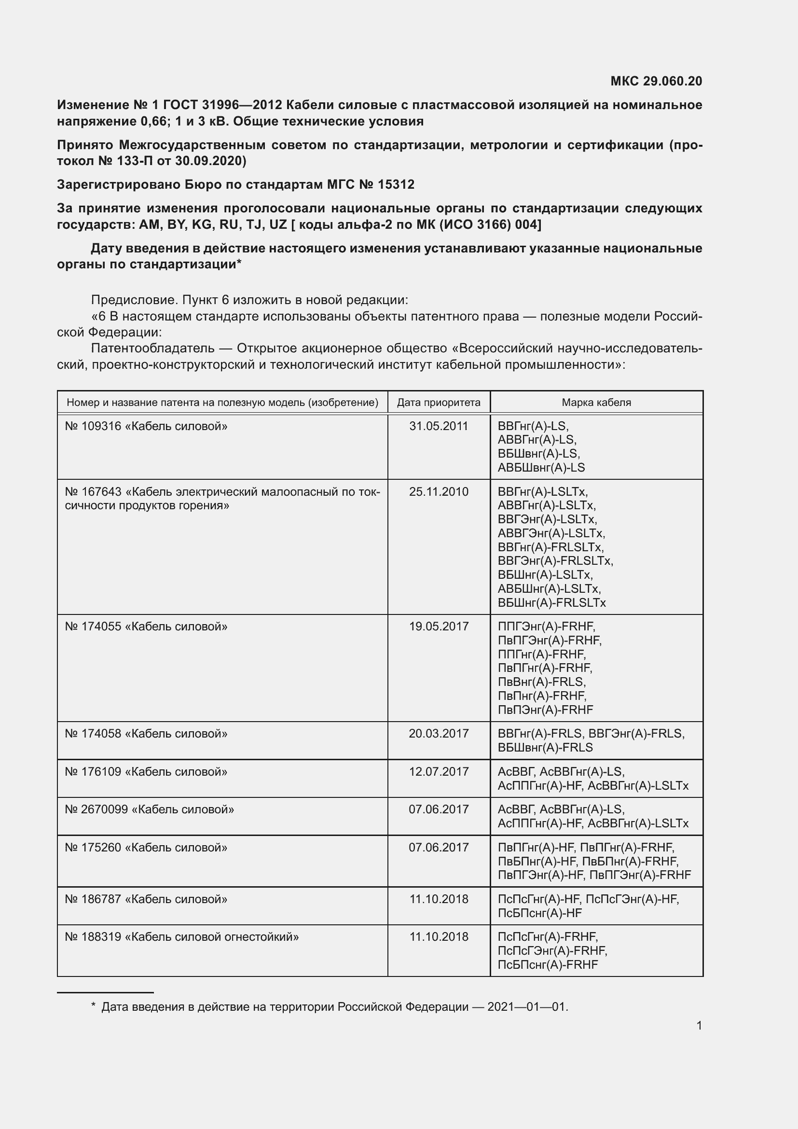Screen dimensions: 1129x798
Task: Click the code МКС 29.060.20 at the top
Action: pyautogui.click(x=656, y=81)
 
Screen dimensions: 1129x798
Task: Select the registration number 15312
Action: pyautogui.click(x=396, y=185)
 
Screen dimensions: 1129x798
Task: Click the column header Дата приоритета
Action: pyautogui.click(x=438, y=403)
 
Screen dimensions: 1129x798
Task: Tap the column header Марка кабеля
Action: pyautogui.click(x=596, y=403)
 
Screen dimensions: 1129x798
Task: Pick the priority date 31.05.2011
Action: pyautogui.click(x=438, y=426)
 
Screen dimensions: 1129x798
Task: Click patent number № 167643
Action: pyautogui.click(x=93, y=492)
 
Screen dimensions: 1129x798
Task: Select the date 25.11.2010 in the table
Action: pyautogui.click(x=438, y=492)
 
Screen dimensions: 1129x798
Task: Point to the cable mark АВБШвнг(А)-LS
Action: pyautogui.click(x=541, y=468)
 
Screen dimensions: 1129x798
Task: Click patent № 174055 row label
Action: pyautogui.click(x=93, y=627)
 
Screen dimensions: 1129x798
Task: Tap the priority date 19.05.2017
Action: pyautogui.click(x=438, y=627)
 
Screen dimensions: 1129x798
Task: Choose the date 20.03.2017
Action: pyautogui.click(x=438, y=734)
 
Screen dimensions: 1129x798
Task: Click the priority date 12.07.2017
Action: pyautogui.click(x=438, y=772)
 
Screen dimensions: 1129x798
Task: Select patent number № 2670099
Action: pyautogui.click(x=96, y=810)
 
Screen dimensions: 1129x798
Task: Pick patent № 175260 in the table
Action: pyautogui.click(x=93, y=848)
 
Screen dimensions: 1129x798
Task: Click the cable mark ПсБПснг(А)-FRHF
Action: pyautogui.click(x=548, y=965)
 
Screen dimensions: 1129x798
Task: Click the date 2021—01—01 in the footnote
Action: pyautogui.click(x=527, y=1007)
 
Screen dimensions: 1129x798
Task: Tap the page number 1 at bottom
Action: pyautogui.click(x=699, y=1026)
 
